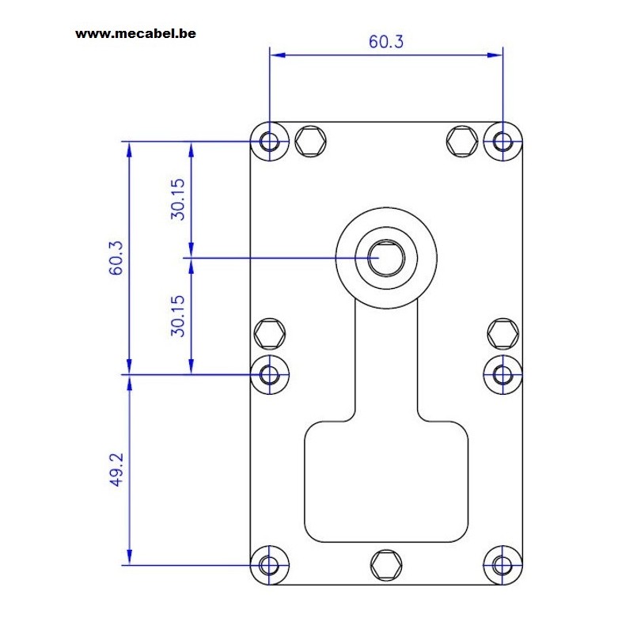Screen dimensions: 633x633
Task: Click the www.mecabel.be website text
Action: point(135,33)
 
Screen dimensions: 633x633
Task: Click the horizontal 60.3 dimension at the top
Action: point(386,42)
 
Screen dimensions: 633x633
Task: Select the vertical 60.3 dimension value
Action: point(116,258)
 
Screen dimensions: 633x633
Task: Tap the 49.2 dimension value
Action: point(116,469)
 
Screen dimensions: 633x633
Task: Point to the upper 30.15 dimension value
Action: point(177,199)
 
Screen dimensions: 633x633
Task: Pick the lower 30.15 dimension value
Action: point(177,316)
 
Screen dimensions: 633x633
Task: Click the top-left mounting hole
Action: point(270,142)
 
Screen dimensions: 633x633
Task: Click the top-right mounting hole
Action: point(502,142)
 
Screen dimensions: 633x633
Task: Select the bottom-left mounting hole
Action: point(270,565)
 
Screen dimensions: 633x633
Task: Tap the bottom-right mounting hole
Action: point(502,565)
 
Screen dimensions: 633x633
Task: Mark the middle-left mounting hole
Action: point(270,374)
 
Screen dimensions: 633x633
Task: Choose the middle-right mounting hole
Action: point(502,374)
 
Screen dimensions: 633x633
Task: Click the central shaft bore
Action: point(386,259)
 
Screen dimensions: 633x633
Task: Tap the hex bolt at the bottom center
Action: point(386,565)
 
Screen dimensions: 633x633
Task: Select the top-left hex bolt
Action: point(310,141)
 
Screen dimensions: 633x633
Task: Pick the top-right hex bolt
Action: point(462,141)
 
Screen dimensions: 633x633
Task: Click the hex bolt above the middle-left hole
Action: point(270,333)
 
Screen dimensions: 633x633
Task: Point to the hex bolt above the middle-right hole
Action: point(503,333)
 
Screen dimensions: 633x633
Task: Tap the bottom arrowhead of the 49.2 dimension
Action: point(129,557)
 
